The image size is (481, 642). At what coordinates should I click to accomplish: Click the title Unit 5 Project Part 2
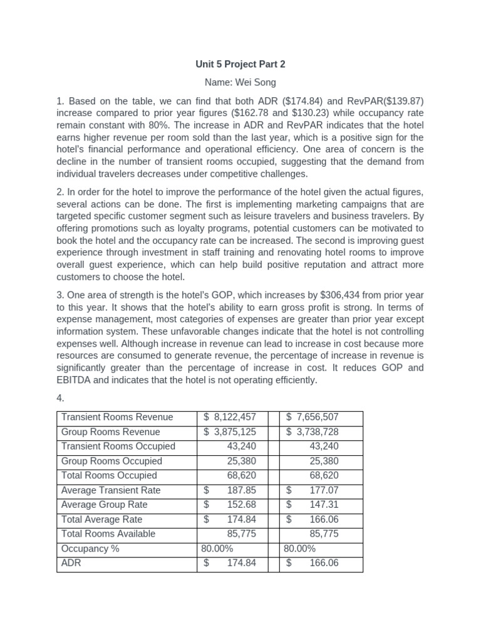(240, 64)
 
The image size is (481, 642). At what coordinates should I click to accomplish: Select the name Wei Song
(240, 82)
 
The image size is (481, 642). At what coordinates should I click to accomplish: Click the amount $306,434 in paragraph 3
(336, 295)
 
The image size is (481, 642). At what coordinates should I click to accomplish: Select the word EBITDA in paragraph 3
(77, 380)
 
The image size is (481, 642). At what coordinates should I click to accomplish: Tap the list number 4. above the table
(61, 398)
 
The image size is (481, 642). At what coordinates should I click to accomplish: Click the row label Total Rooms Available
(108, 534)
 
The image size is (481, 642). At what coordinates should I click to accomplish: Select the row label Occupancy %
(90, 549)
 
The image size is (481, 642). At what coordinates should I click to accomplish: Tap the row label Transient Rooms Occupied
(118, 446)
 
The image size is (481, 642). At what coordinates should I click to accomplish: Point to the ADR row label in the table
(71, 563)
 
